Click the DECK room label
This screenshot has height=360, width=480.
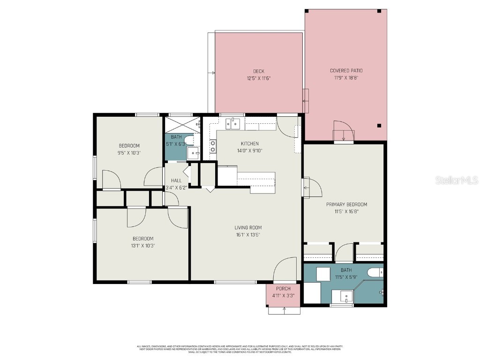[x=258, y=71]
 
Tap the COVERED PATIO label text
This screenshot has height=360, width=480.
[x=346, y=71]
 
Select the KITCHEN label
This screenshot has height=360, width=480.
[x=249, y=143]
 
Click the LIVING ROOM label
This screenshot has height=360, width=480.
[x=248, y=228]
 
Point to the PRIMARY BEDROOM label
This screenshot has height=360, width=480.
[x=346, y=204]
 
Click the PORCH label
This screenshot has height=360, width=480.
[x=283, y=289]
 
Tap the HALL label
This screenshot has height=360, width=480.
[x=176, y=180]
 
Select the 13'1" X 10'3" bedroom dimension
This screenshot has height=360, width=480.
[x=142, y=246]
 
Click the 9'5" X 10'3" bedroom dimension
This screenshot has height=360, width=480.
[x=129, y=153]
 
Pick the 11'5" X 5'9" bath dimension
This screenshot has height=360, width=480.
[x=346, y=277]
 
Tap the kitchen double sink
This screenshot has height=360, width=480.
[x=232, y=124]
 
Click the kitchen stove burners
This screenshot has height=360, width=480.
[x=213, y=146]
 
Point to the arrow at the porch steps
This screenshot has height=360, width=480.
[x=284, y=309]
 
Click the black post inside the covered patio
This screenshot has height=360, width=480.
[x=379, y=125]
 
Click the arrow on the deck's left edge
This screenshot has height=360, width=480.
[x=213, y=73]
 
